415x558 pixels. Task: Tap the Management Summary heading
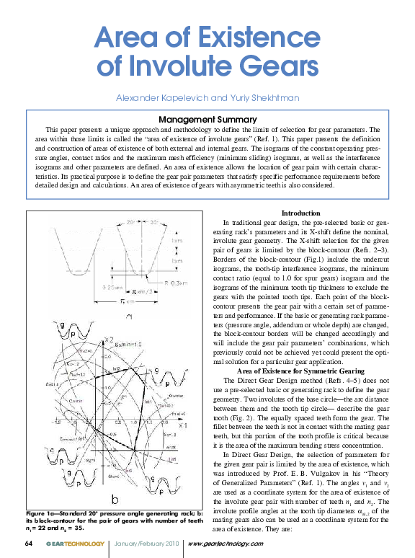click(x=207, y=119)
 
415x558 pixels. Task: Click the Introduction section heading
click(x=300, y=213)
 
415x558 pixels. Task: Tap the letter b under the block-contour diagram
click(x=115, y=497)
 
